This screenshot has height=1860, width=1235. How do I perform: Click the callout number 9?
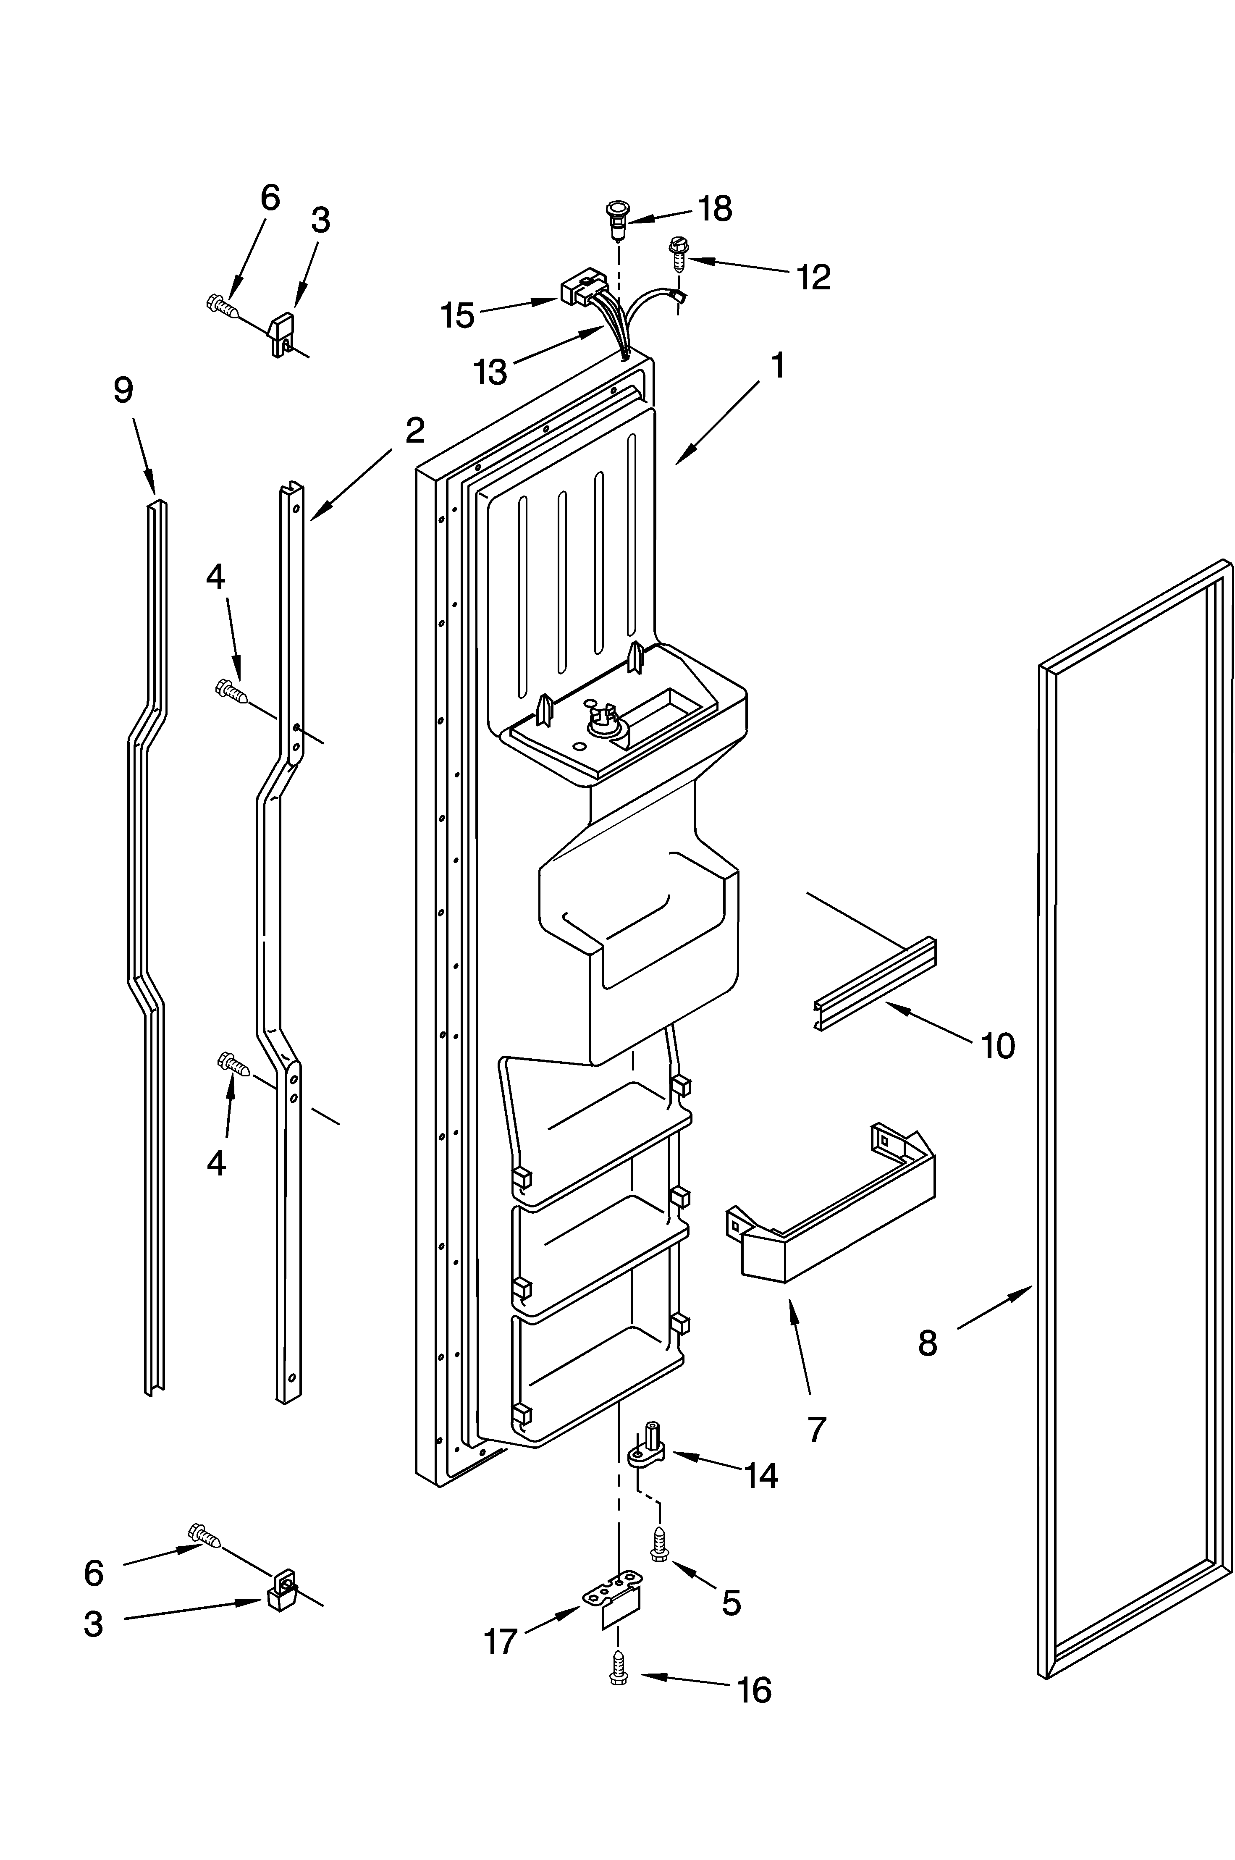tap(123, 390)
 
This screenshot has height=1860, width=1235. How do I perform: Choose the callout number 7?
tap(817, 1429)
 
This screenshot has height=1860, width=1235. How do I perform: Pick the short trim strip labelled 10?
tap(874, 984)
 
